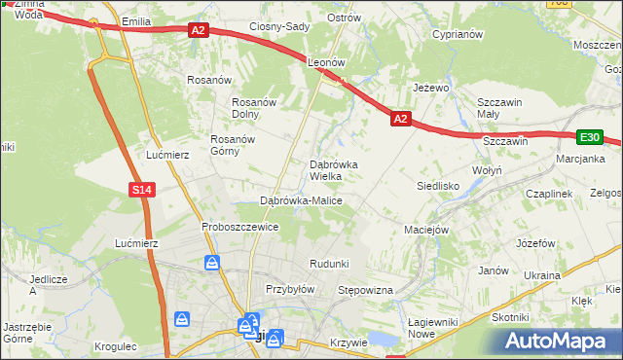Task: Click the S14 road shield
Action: click(x=142, y=189)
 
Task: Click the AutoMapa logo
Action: click(x=560, y=341)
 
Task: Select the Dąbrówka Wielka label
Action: click(x=333, y=170)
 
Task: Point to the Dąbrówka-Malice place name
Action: click(x=300, y=200)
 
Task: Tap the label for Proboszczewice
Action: click(x=239, y=227)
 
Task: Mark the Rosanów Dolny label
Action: click(x=256, y=108)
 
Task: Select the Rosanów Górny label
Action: click(x=232, y=144)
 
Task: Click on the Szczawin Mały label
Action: click(x=500, y=108)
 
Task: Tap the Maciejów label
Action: click(x=425, y=231)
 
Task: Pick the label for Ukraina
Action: click(x=542, y=275)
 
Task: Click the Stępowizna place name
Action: click(x=364, y=290)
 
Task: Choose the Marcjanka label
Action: click(x=580, y=159)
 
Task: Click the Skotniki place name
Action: click(x=510, y=317)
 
